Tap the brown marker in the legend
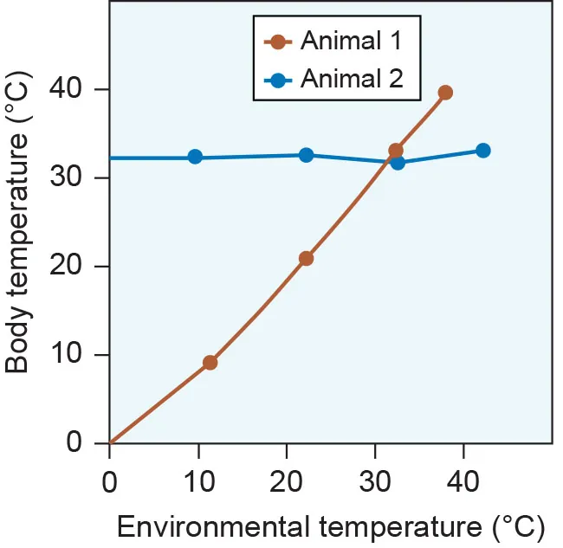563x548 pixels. (x=277, y=41)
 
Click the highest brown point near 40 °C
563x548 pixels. (x=445, y=93)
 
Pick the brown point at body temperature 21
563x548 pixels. (x=306, y=258)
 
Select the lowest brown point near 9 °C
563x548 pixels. (x=210, y=363)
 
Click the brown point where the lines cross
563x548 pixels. (x=396, y=151)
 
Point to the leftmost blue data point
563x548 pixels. (x=195, y=157)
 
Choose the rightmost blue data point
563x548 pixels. (x=483, y=151)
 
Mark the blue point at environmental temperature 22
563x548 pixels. (x=306, y=155)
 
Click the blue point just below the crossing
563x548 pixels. (x=398, y=162)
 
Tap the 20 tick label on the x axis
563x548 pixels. (x=287, y=481)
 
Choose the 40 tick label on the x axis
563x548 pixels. (x=463, y=481)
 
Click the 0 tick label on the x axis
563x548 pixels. (x=110, y=481)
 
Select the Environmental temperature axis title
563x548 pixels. (x=330, y=526)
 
